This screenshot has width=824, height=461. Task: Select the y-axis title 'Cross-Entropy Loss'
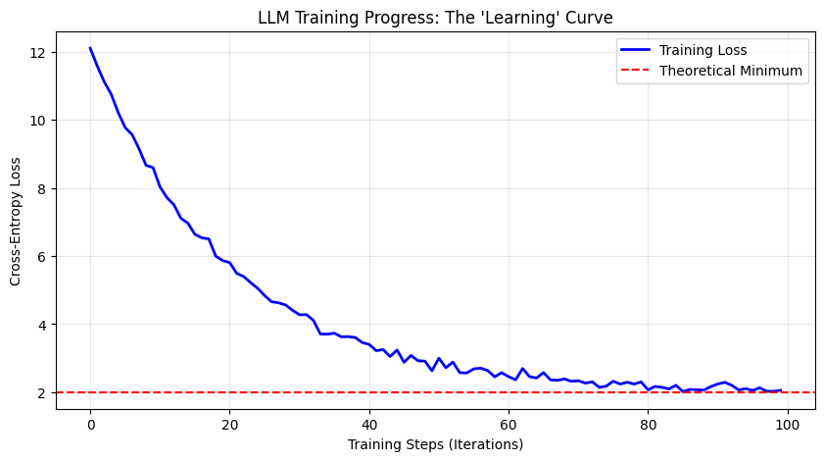click(x=16, y=221)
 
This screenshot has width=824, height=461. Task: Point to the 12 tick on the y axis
click(x=40, y=52)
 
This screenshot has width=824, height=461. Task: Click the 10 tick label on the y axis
click(x=40, y=121)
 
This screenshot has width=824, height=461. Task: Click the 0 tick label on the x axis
click(x=90, y=425)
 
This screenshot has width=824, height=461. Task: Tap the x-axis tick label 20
click(x=229, y=425)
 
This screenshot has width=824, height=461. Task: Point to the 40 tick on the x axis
click(x=368, y=425)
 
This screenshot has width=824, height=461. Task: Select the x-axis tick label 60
click(x=509, y=425)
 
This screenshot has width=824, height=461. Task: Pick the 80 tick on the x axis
click(x=648, y=425)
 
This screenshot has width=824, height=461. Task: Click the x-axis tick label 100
click(x=787, y=425)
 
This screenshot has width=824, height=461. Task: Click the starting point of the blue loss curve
click(x=90, y=48)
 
